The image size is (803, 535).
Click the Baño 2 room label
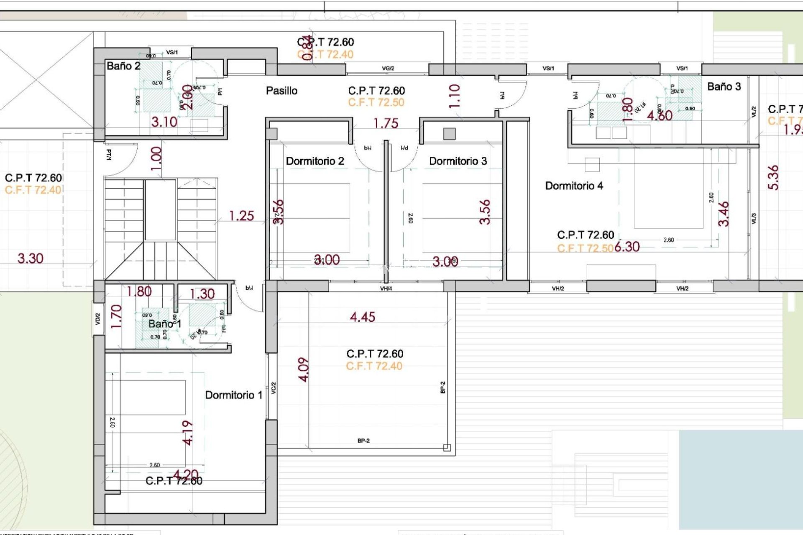click(x=123, y=66)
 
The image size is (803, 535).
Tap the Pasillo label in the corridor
click(x=281, y=91)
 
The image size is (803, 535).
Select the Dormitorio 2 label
click(x=315, y=161)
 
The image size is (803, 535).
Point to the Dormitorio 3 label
click(x=458, y=161)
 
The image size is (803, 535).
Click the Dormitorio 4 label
click(x=574, y=186)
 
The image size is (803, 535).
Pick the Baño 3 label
click(x=724, y=87)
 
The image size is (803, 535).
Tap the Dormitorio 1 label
click(x=233, y=395)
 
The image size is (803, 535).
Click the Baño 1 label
click(x=164, y=324)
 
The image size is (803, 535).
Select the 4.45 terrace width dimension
click(x=362, y=317)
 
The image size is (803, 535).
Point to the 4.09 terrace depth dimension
click(x=304, y=369)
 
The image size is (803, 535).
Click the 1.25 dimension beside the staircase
click(x=241, y=216)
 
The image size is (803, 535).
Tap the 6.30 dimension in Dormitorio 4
click(x=627, y=247)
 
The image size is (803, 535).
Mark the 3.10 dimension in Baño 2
click(x=164, y=122)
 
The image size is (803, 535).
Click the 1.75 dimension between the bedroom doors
click(x=386, y=124)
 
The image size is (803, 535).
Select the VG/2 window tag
click(x=388, y=69)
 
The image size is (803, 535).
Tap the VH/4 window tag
click(x=386, y=288)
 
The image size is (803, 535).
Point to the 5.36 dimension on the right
click(x=773, y=178)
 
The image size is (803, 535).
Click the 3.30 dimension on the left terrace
click(x=30, y=258)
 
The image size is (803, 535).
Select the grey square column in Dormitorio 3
click(x=449, y=134)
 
